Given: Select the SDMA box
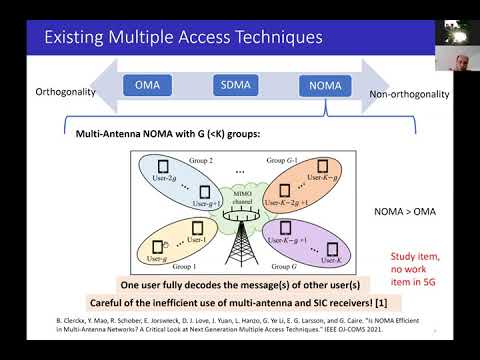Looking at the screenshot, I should click(x=233, y=86).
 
